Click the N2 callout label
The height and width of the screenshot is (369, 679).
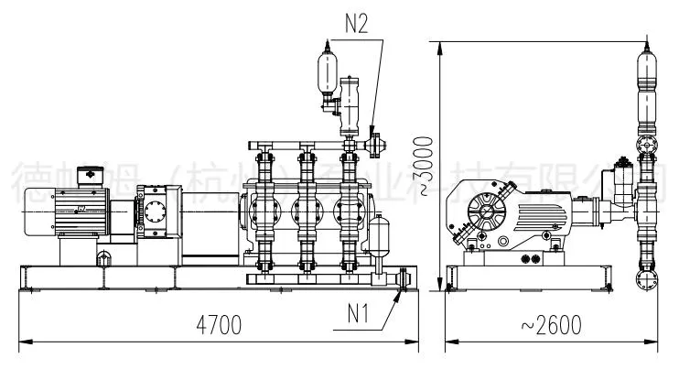[356, 24]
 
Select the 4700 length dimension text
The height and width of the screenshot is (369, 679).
[218, 325]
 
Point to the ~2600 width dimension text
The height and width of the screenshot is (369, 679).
[552, 325]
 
